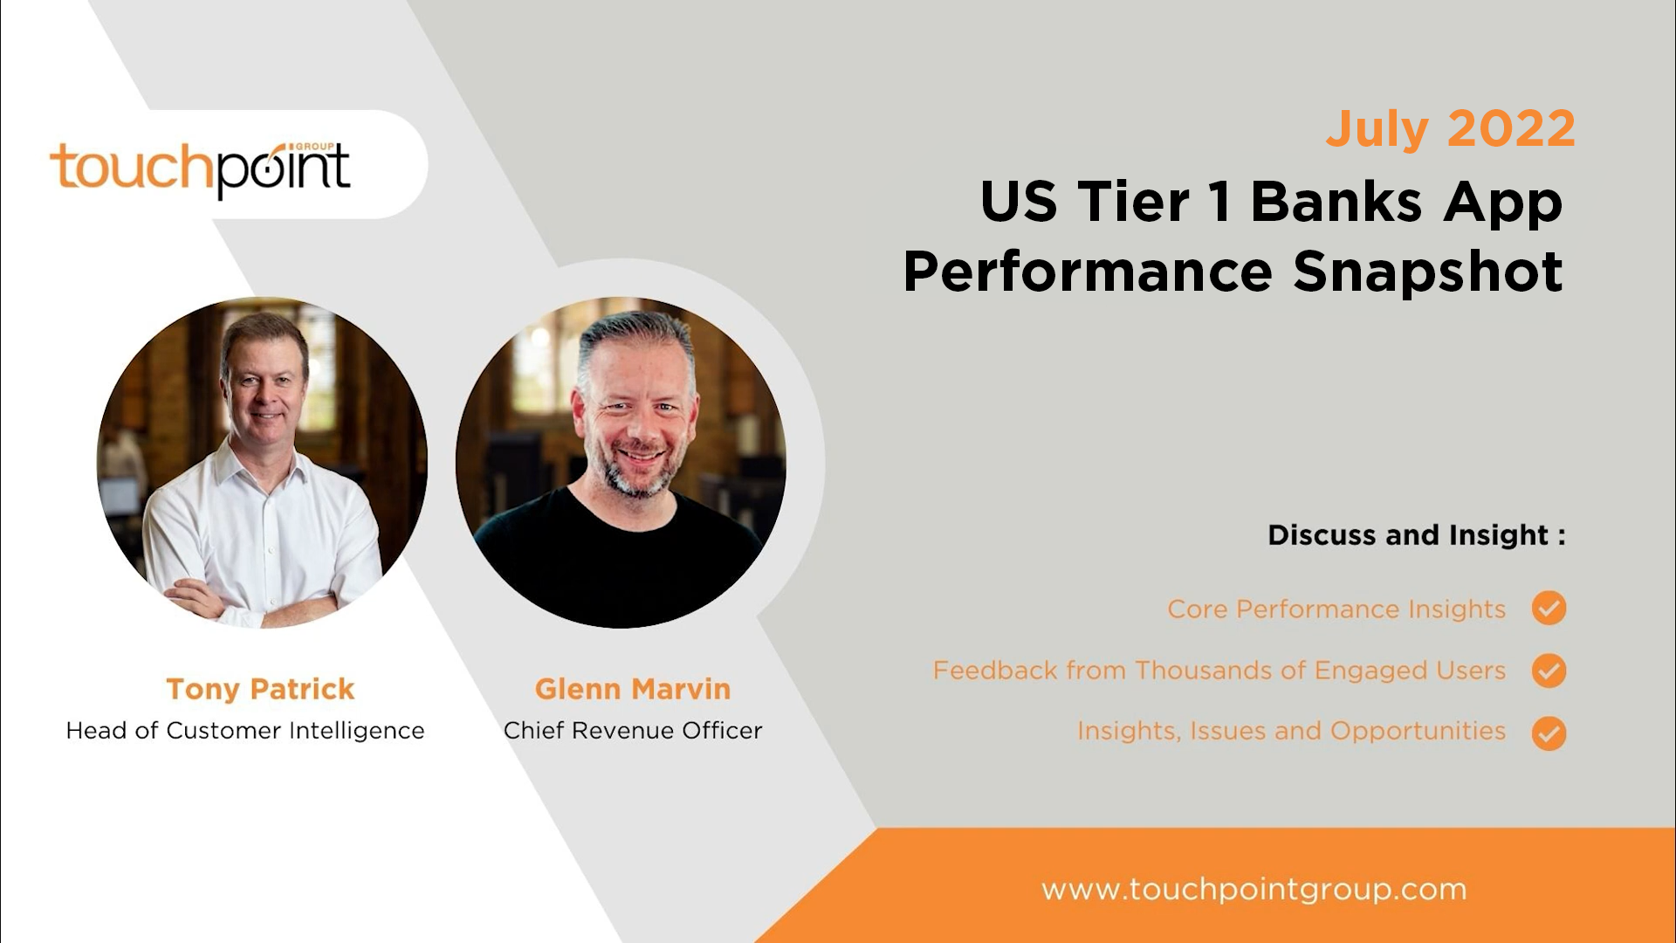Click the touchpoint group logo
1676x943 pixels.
coord(201,168)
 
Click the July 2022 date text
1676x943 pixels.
coord(1450,129)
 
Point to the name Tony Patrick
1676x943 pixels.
coord(260,689)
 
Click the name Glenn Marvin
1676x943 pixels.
coord(632,689)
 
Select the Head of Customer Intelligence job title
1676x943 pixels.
coord(245,730)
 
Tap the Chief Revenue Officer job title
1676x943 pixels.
coord(633,730)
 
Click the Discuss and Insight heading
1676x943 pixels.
coord(1416,534)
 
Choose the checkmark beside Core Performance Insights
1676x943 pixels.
coord(1549,609)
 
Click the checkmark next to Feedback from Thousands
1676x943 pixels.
coord(1549,671)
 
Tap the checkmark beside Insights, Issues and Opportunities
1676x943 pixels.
coord(1549,733)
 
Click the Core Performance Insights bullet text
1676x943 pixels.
coord(1336,609)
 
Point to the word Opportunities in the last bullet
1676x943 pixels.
coord(1418,731)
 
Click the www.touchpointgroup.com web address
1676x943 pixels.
coord(1254,890)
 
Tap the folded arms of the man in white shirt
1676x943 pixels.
coord(253,602)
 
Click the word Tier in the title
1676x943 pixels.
coord(1133,203)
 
